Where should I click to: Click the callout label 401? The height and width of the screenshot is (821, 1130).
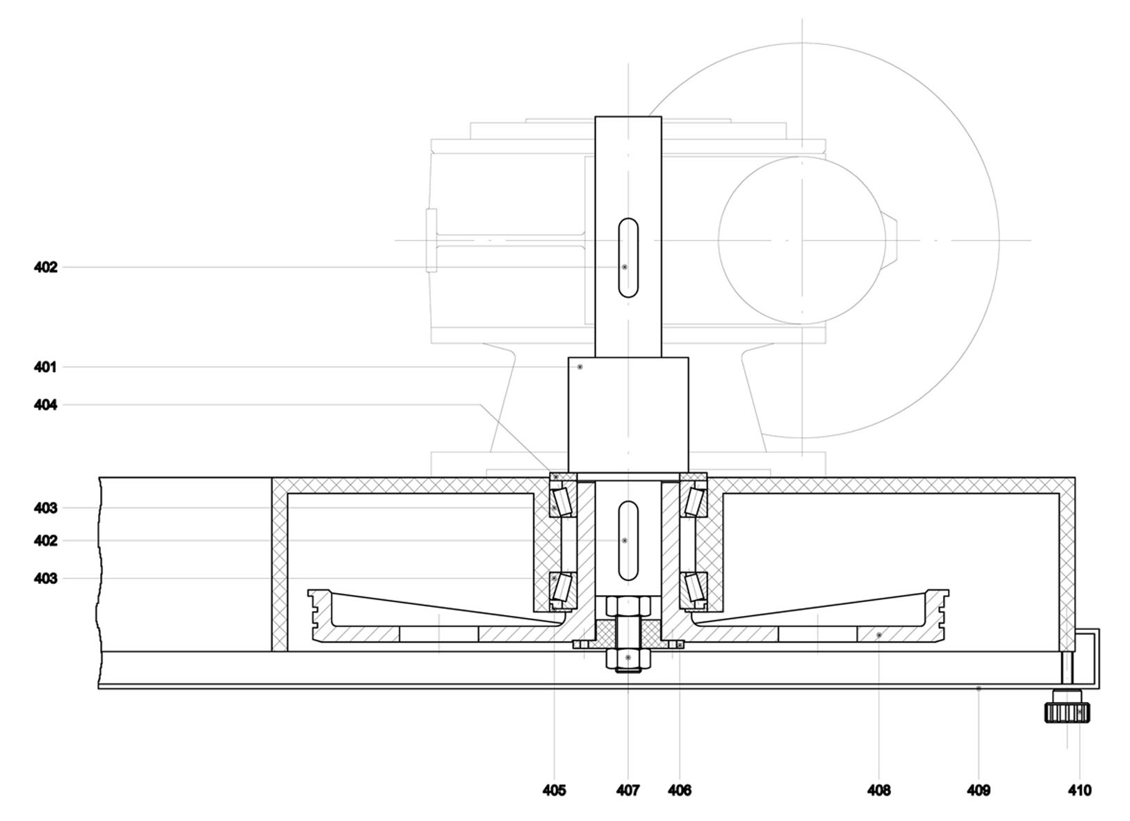point(45,367)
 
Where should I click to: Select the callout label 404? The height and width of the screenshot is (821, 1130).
point(45,405)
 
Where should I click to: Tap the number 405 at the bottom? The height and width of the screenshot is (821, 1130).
point(554,790)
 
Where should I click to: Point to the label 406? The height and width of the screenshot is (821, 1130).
point(680,790)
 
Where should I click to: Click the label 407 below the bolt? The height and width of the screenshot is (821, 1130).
point(628,790)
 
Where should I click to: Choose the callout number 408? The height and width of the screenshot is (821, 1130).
point(879,790)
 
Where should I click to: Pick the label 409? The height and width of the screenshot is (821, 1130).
point(978,790)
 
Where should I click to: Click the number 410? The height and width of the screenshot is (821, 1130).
point(1079,790)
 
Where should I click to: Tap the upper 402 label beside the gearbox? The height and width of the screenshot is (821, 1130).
point(45,267)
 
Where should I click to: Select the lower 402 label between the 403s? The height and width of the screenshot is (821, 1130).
point(45,540)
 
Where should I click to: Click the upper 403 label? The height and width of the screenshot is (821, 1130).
point(45,507)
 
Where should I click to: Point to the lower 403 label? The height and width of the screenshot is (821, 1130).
point(45,578)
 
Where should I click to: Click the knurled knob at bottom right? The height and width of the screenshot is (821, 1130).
point(1067,713)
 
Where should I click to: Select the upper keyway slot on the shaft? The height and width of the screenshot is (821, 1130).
point(628,257)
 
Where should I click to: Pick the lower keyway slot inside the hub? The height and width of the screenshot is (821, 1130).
point(628,540)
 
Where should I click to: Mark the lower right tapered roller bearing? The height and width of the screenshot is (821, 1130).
point(694,587)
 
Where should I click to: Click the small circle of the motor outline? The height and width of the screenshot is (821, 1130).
point(801,241)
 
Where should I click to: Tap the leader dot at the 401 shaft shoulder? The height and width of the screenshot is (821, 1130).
point(580,367)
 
